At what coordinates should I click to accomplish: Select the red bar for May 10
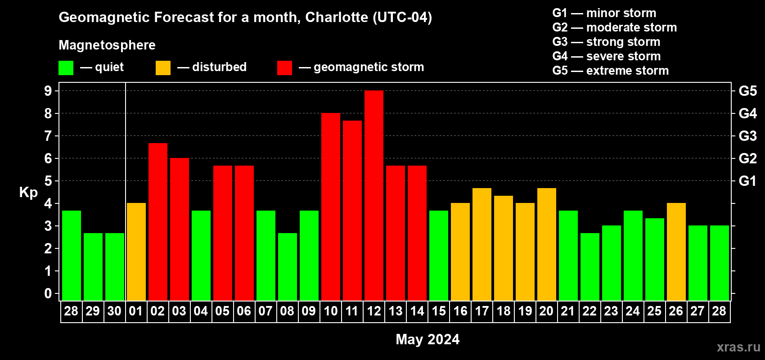[x=331, y=207]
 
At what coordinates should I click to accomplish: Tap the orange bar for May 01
[x=136, y=252]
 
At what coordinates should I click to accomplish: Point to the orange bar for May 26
[x=676, y=252]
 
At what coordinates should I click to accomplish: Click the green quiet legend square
[x=66, y=68]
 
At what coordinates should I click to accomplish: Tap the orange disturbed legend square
[x=163, y=68]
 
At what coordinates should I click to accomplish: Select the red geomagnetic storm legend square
[x=285, y=68]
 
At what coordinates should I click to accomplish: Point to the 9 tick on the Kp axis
[x=48, y=91]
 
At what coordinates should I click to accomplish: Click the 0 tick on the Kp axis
[x=48, y=294]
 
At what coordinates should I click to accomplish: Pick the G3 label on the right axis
[x=747, y=136]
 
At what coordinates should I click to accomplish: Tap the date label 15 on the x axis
[x=439, y=311]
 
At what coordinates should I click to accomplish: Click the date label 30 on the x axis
[x=114, y=311]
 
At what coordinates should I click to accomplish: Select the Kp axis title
[x=28, y=193]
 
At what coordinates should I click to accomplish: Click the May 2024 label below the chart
[x=427, y=339]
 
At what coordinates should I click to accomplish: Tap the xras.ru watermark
[x=738, y=347]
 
